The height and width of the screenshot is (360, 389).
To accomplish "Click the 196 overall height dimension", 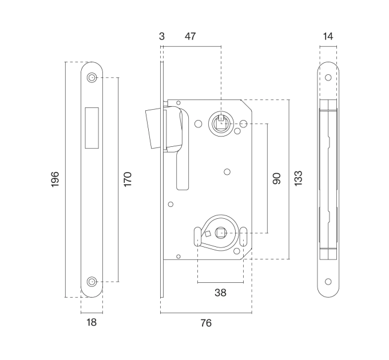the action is point(55,179).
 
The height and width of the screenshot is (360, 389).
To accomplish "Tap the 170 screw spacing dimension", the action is point(128,179).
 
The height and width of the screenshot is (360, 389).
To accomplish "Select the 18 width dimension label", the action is point(92,322).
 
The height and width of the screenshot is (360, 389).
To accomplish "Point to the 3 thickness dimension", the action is point(162,37).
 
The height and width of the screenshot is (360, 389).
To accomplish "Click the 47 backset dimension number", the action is point(190,36).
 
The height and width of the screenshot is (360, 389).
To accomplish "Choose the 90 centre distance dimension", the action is point(277,178).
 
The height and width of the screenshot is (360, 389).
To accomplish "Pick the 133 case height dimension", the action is point(298,178).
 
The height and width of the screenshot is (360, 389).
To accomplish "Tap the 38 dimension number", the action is point(221,293).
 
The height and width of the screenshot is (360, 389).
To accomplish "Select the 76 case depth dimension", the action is point(206,323).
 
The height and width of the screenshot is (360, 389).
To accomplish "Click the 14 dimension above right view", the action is point(328,37).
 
